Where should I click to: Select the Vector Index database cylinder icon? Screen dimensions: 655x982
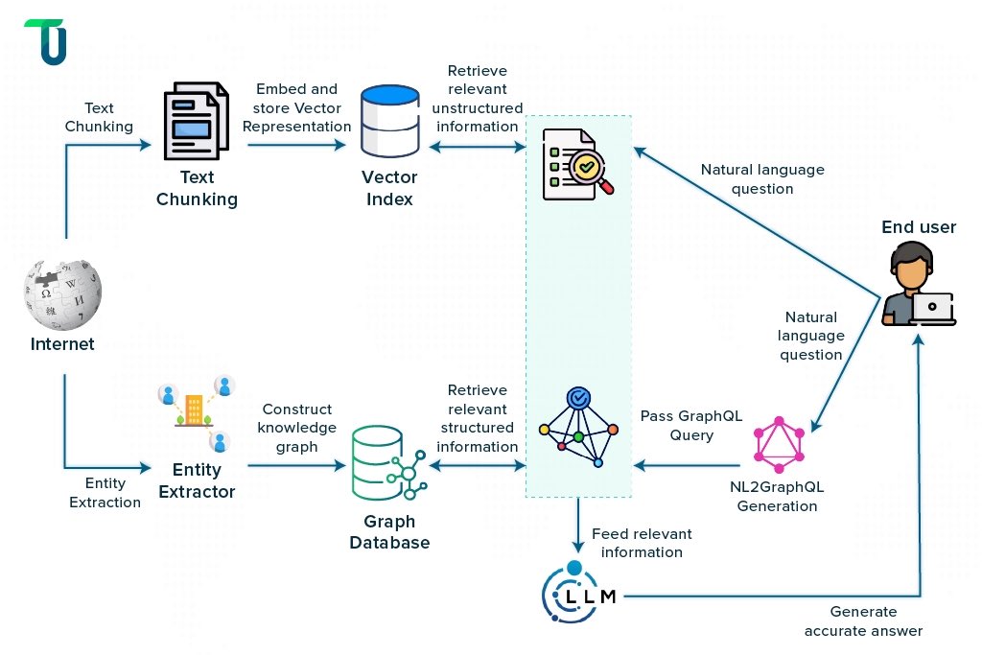click(388, 122)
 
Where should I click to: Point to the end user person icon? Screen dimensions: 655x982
click(917, 284)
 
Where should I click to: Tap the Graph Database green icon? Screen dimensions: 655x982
click(387, 464)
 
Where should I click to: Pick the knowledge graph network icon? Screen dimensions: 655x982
click(578, 428)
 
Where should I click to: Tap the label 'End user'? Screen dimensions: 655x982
click(919, 227)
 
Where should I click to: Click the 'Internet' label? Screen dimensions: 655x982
click(62, 344)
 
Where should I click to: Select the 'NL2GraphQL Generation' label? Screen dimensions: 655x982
click(777, 496)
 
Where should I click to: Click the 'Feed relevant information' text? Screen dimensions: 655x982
click(641, 543)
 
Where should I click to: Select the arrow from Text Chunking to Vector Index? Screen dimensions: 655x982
click(296, 146)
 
